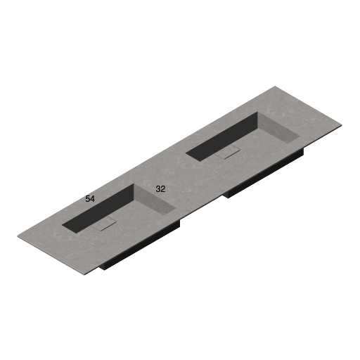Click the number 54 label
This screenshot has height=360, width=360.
pyautogui.click(x=90, y=199)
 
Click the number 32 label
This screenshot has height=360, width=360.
pyautogui.click(x=160, y=189)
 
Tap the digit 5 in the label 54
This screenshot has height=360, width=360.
pyautogui.click(x=88, y=199)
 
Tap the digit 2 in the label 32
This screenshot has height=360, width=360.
pyautogui.click(x=163, y=189)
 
